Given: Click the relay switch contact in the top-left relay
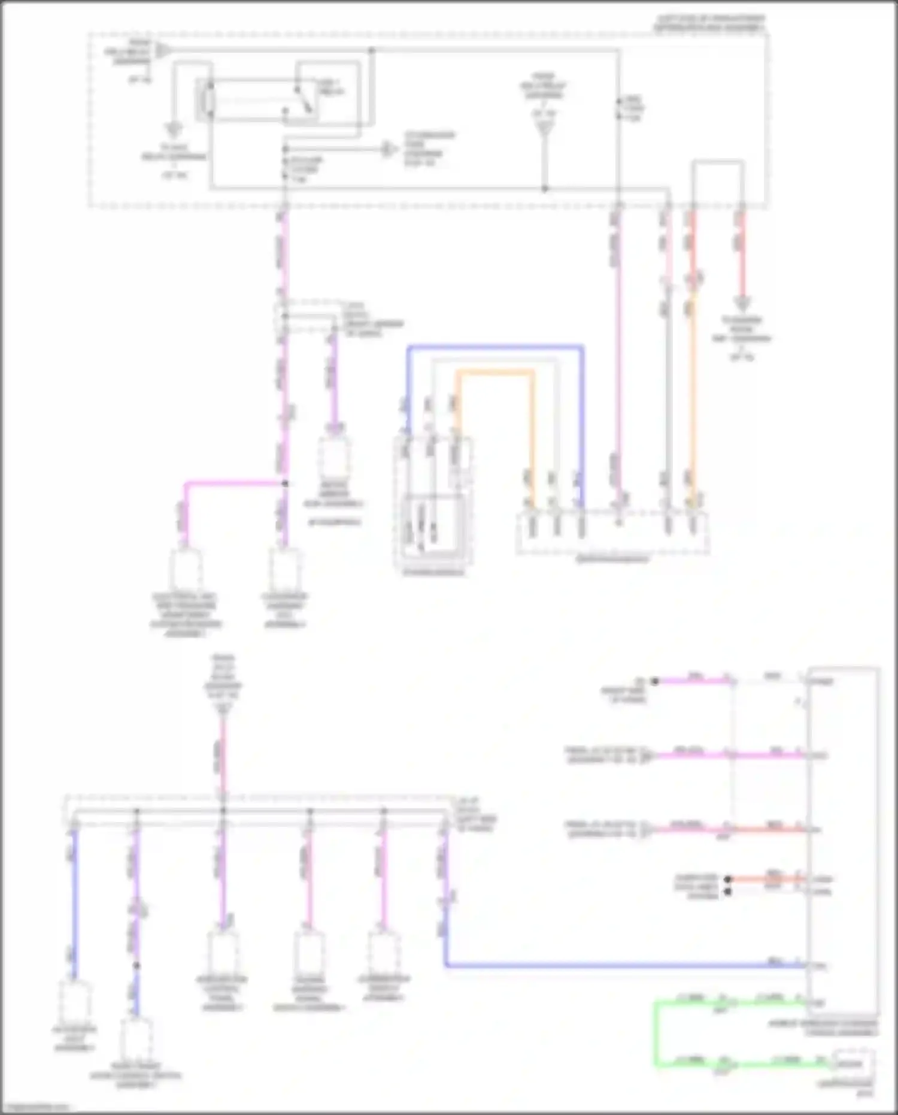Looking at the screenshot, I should click(304, 99).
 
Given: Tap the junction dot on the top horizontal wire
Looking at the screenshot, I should click(371, 51).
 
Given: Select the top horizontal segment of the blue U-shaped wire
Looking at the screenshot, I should click(495, 346).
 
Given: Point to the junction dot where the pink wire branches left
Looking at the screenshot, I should click(285, 483).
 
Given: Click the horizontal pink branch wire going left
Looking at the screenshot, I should click(233, 482).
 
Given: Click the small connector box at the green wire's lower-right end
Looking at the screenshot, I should click(853, 1063).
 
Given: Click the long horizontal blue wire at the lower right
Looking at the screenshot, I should click(623, 965).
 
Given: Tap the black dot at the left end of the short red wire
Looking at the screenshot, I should click(727, 880).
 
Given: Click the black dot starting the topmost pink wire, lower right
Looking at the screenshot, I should click(655, 681).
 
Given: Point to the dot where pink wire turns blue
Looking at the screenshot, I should click(136, 965).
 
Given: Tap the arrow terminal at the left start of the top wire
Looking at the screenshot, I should click(162, 51).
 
